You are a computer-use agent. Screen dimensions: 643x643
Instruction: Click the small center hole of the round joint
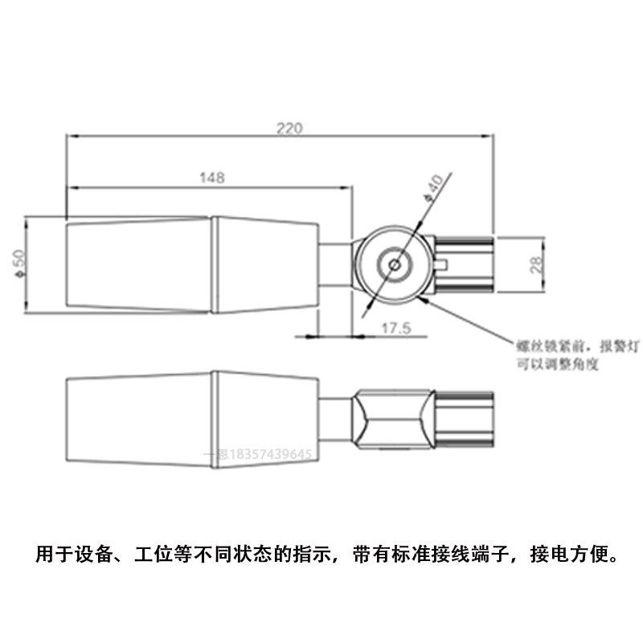(x=394, y=262)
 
